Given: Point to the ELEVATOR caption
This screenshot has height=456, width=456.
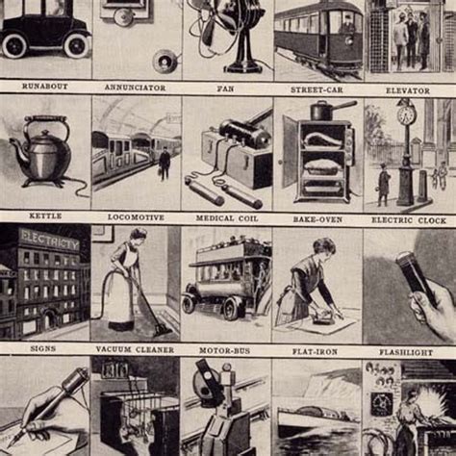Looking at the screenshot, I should [408, 89].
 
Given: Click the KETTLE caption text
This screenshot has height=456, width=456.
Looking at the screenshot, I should [44, 217].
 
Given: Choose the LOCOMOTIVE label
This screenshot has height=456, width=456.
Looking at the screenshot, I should [136, 217].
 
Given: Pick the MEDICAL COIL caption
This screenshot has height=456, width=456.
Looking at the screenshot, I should [226, 217].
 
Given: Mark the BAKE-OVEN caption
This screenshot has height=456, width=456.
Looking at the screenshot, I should [317, 217].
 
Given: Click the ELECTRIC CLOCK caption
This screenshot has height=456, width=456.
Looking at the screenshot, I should [408, 217].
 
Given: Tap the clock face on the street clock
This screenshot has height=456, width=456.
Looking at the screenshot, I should [406, 115].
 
